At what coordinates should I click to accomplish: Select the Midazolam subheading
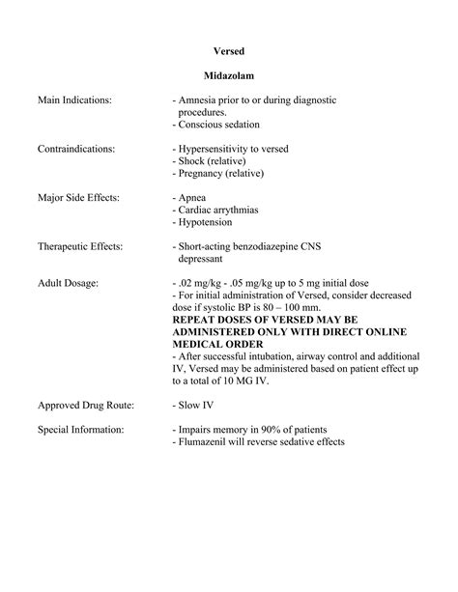(x=228, y=75)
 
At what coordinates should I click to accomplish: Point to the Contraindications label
(x=76, y=149)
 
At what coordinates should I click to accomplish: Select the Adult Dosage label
(x=68, y=283)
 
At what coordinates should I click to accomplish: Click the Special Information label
(x=80, y=429)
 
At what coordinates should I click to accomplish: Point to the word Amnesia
(x=199, y=99)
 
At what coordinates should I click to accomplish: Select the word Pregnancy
(x=202, y=173)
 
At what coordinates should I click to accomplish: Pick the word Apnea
(x=190, y=197)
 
